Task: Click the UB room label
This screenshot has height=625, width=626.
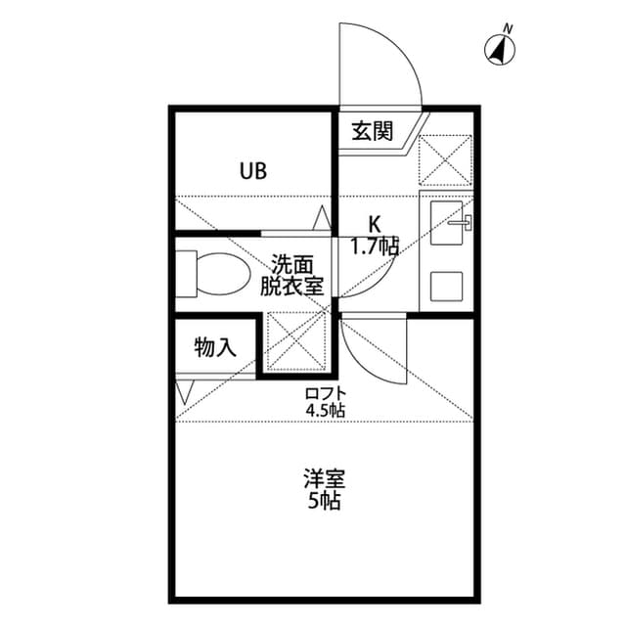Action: pyautogui.click(x=253, y=171)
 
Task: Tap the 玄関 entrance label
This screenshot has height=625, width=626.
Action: pyautogui.click(x=372, y=131)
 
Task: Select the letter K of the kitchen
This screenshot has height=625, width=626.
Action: pyautogui.click(x=374, y=224)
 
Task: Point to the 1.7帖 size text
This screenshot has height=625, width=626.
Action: pyautogui.click(x=375, y=246)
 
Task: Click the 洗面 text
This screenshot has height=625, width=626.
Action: pyautogui.click(x=291, y=264)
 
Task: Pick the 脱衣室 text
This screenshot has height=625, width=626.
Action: pyautogui.click(x=291, y=286)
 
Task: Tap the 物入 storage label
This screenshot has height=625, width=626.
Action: pyautogui.click(x=215, y=347)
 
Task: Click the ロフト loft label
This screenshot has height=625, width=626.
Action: pyautogui.click(x=326, y=393)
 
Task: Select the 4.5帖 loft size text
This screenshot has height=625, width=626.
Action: pyautogui.click(x=326, y=410)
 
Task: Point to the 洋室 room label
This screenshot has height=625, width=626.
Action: pyautogui.click(x=324, y=479)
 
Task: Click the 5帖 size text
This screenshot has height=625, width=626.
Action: pyautogui.click(x=324, y=502)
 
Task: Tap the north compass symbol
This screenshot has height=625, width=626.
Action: pyautogui.click(x=500, y=50)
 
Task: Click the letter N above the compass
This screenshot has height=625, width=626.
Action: pyautogui.click(x=508, y=28)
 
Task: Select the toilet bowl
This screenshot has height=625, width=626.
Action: pyautogui.click(x=223, y=274)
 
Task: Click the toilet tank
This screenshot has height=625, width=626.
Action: pyautogui.click(x=186, y=274)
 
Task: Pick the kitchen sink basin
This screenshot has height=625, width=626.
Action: pyautogui.click(x=446, y=223)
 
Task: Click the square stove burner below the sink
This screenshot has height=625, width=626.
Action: pyautogui.click(x=446, y=287)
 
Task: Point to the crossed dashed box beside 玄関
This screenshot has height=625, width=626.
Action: pyautogui.click(x=445, y=160)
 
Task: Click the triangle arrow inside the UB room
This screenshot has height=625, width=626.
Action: pyautogui.click(x=322, y=218)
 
